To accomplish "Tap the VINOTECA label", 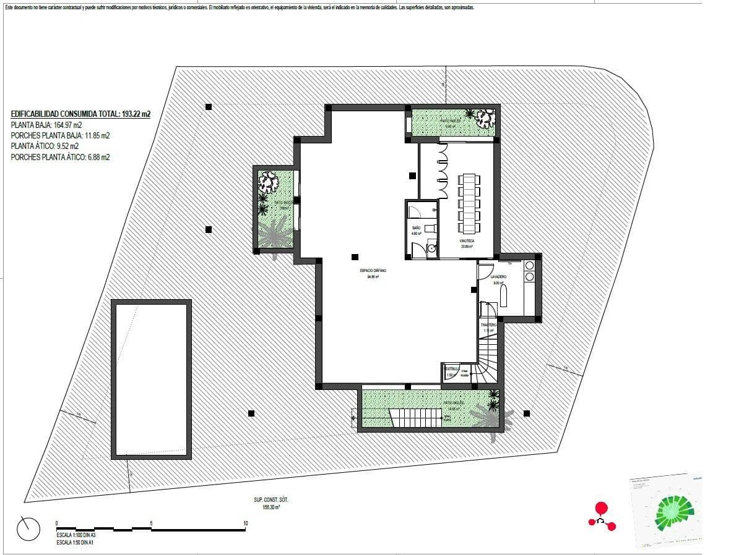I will (x=466, y=240).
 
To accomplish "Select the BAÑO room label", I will (x=416, y=228).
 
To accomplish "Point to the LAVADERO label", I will (x=498, y=277).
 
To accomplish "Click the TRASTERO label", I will (x=489, y=324).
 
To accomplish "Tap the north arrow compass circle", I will (x=28, y=528).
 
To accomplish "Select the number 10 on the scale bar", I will (x=246, y=523).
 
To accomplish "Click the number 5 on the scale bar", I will (x=151, y=523).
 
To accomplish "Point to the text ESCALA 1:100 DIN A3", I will (x=76, y=535).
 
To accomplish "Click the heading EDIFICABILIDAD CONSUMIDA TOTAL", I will (x=80, y=114).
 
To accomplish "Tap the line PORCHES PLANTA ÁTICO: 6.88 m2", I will (x=60, y=158).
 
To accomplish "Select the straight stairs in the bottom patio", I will (x=416, y=418).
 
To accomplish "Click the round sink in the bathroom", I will (x=431, y=248).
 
